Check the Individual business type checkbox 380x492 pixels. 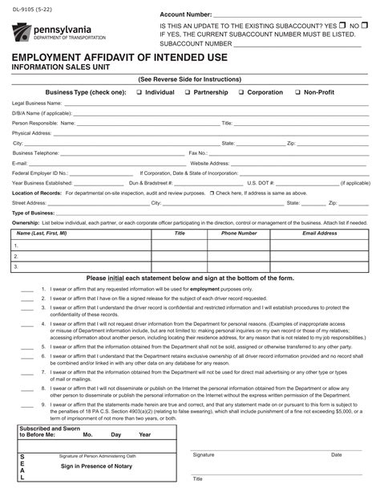click(x=139, y=92)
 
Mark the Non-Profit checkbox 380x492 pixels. click(x=297, y=92)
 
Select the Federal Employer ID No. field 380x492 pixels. click(x=103, y=173)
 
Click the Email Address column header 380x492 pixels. click(x=320, y=233)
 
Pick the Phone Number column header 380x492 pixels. click(x=239, y=233)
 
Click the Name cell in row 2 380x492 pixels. click(x=80, y=255)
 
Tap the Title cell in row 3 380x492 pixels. click(x=180, y=266)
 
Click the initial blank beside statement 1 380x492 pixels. click(x=27, y=288)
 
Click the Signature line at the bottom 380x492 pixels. click(x=257, y=449)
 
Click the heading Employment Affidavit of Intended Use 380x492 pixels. click(x=119, y=58)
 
